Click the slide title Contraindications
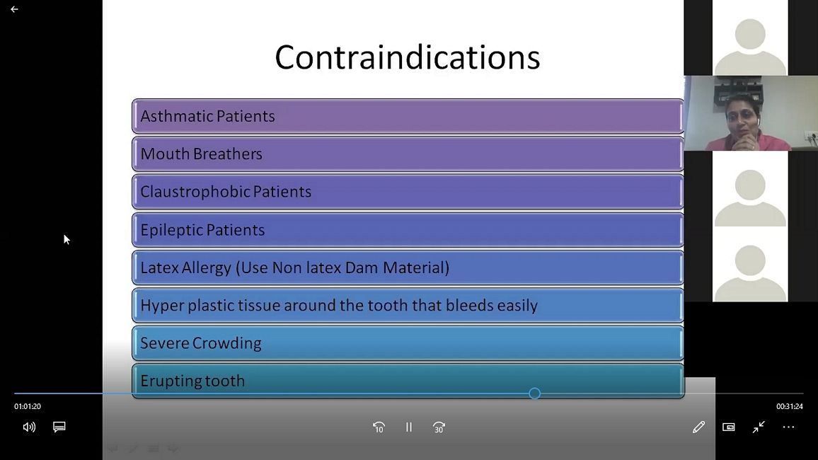(x=408, y=57)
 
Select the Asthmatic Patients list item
(x=408, y=116)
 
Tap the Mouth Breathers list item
(x=408, y=154)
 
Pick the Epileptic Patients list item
(x=408, y=230)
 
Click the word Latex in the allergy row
(x=160, y=268)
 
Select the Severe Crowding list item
(x=408, y=343)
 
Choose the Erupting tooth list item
(x=408, y=381)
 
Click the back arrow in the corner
(x=14, y=9)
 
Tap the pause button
(x=409, y=427)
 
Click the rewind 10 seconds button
(x=379, y=427)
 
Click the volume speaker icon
(x=29, y=427)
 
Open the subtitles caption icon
(x=59, y=427)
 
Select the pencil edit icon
(x=698, y=427)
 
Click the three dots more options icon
(x=788, y=427)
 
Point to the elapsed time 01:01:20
(x=27, y=406)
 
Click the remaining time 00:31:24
(x=790, y=406)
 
